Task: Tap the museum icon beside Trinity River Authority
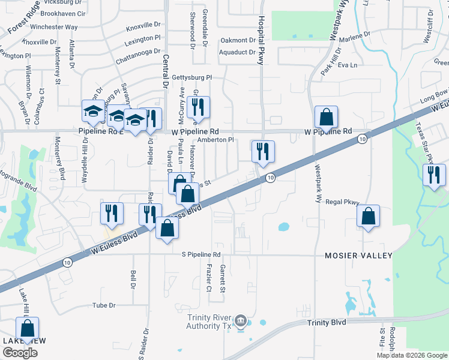(241, 322)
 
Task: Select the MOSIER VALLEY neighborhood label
(358, 256)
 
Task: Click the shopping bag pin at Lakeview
(27, 328)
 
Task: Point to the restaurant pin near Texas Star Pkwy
(433, 175)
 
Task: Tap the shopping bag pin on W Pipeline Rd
(326, 117)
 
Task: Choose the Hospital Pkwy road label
(261, 33)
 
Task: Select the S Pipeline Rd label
(205, 254)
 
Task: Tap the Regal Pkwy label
(342, 202)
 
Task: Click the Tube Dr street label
(103, 305)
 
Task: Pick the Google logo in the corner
(20, 352)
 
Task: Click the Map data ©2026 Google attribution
(412, 355)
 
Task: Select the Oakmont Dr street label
(238, 40)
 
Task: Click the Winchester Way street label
(54, 27)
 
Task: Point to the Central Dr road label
(165, 72)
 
